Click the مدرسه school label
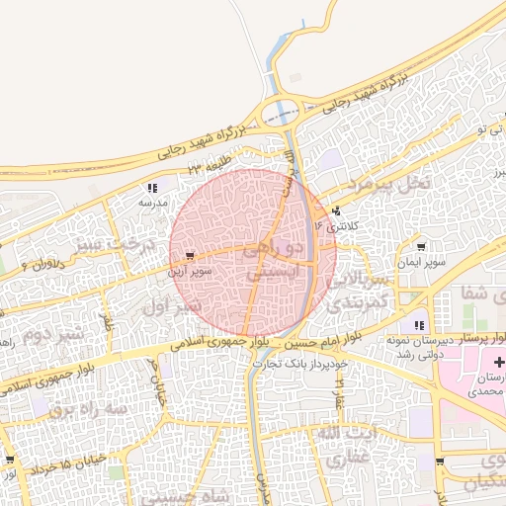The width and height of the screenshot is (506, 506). coord(153,202)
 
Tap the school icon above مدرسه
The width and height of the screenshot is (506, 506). coord(152,187)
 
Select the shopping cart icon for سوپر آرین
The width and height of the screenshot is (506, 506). coord(189,255)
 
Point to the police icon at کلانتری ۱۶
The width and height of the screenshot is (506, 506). coord(338,210)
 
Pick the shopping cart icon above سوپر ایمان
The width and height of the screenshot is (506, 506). coord(422,247)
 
